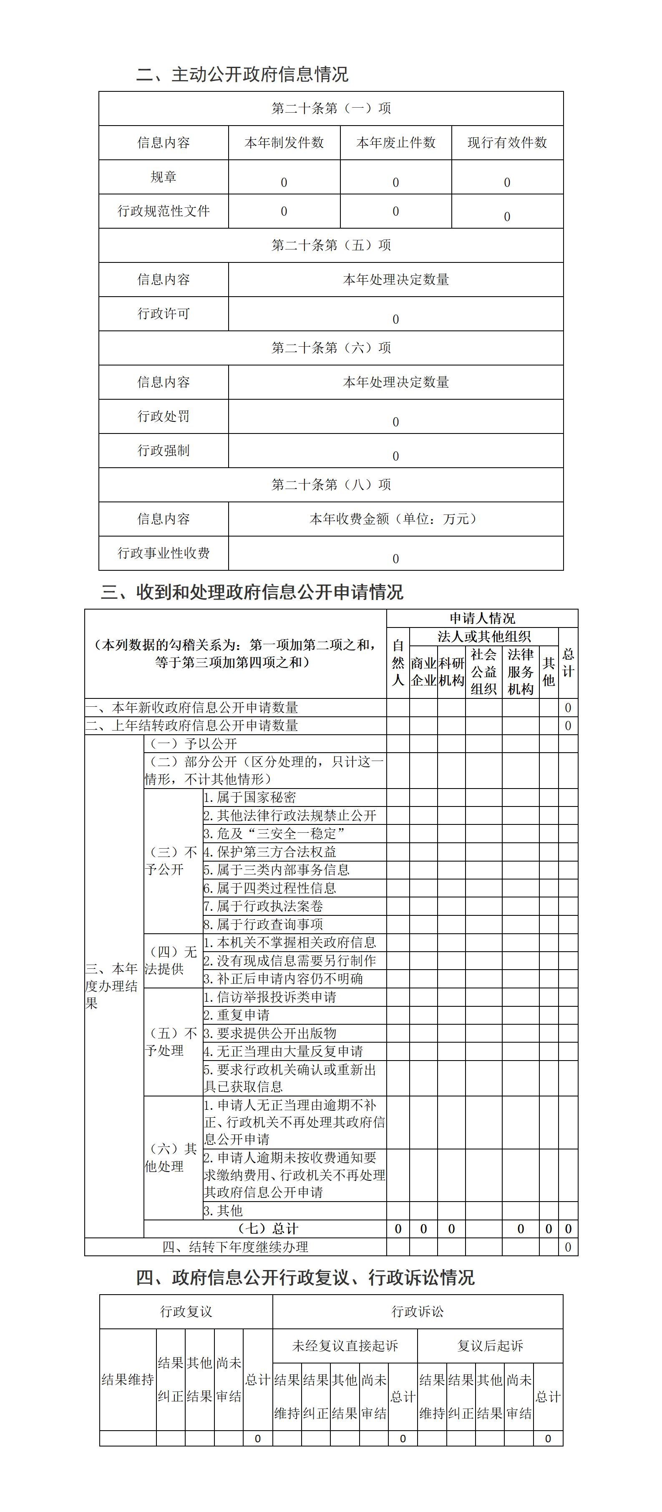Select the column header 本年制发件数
tap(284, 143)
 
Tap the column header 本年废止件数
tap(395, 143)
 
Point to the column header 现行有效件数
tap(507, 143)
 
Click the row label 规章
tap(163, 176)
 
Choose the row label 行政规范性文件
tap(163, 211)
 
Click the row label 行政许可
tap(163, 313)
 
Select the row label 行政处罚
tap(163, 416)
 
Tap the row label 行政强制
tap(163, 450)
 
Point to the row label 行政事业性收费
tap(163, 553)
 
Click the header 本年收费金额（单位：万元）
tap(395, 519)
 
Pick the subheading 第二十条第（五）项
tap(331, 245)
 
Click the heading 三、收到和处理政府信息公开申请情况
tap(252, 592)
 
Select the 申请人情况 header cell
tap(482, 618)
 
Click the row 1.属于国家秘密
tap(250, 797)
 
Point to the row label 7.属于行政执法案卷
tap(264, 906)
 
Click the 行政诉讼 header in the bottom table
tap(417, 1311)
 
